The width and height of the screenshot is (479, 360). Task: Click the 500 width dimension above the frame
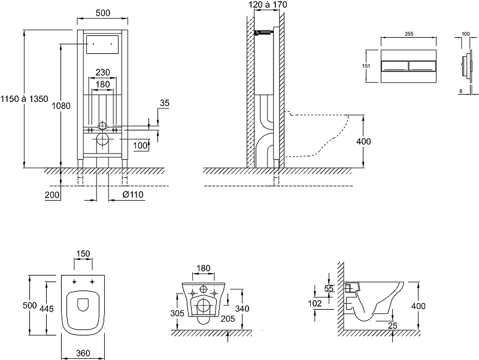[x=100, y=13]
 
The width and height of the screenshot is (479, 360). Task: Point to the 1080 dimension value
[x=62, y=106]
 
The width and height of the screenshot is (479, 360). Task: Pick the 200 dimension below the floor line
[x=52, y=195]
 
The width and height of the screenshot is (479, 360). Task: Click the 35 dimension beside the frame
[x=165, y=104]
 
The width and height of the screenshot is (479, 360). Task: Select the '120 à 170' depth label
[x=268, y=5]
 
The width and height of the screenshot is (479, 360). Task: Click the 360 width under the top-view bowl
[x=83, y=353]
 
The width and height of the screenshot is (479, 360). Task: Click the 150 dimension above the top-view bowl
[x=83, y=254]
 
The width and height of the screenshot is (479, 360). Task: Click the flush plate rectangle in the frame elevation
[x=101, y=45]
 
